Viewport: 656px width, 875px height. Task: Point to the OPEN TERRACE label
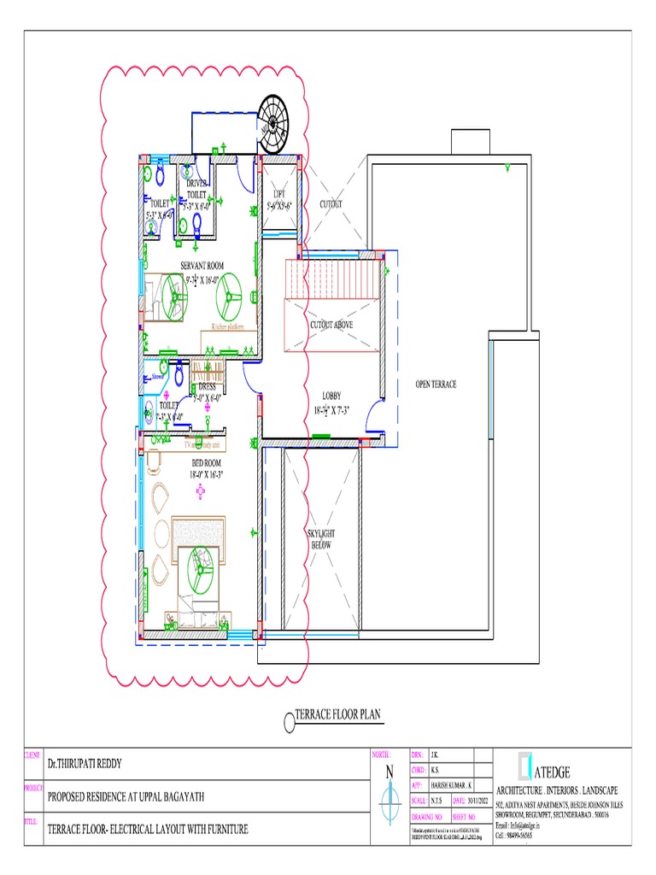[436, 385]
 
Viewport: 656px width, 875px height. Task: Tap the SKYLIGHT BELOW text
[321, 538]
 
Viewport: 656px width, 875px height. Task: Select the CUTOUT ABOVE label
[331, 325]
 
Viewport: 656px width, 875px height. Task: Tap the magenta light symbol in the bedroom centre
[201, 490]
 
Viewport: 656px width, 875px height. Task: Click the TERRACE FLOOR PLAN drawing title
[337, 714]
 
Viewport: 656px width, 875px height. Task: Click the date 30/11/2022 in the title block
[479, 801]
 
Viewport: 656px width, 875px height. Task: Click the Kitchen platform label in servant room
[227, 327]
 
